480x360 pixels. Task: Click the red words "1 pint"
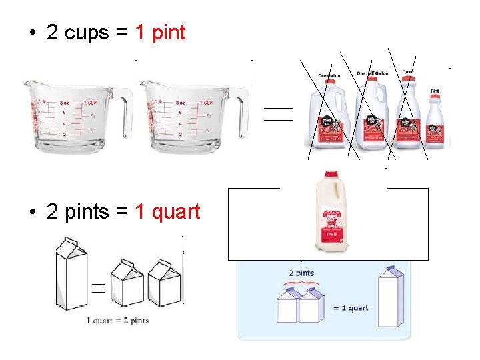160,32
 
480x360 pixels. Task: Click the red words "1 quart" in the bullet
167,212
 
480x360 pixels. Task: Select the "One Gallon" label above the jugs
329,75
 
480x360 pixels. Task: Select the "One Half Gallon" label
372,73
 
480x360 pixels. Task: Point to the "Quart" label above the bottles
408,71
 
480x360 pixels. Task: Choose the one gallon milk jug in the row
329,117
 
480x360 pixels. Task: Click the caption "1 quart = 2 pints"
117,321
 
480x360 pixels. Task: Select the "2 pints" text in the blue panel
301,273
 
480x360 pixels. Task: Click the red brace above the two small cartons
301,285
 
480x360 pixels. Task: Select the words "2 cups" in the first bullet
78,32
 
